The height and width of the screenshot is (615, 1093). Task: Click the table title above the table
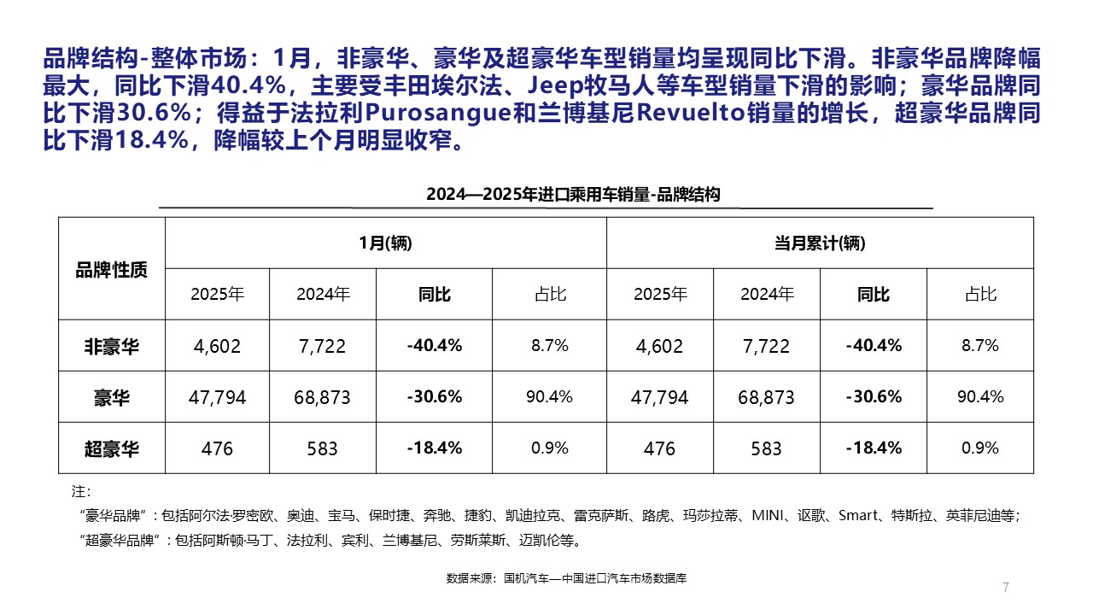pyautogui.click(x=573, y=195)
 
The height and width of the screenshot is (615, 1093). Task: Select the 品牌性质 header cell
pyautogui.click(x=111, y=270)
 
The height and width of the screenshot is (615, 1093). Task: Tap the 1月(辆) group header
pyautogui.click(x=385, y=243)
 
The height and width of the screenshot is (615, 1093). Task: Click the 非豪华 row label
pyautogui.click(x=111, y=346)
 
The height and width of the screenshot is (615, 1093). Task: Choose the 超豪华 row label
pyautogui.click(x=111, y=448)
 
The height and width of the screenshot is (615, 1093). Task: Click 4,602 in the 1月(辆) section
pyautogui.click(x=218, y=346)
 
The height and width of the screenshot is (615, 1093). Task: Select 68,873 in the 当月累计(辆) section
pyautogui.click(x=766, y=397)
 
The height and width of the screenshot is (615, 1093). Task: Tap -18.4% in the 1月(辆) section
pyautogui.click(x=435, y=448)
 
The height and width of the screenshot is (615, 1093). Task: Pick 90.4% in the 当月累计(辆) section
pyautogui.click(x=980, y=396)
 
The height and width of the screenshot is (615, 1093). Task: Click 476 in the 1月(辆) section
pyautogui.click(x=218, y=448)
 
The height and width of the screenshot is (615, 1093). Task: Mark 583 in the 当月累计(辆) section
pyautogui.click(x=766, y=448)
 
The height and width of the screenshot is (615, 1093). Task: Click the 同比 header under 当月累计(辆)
pyautogui.click(x=874, y=295)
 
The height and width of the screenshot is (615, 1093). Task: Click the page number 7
pyautogui.click(x=1006, y=587)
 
